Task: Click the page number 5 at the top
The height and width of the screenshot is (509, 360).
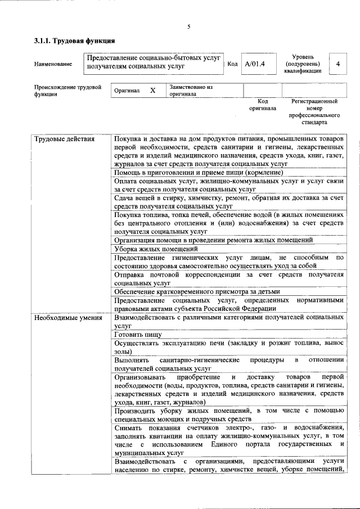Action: (x=189, y=26)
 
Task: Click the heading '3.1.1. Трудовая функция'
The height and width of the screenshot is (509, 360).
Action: (x=74, y=41)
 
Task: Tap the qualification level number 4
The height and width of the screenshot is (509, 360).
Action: (x=337, y=64)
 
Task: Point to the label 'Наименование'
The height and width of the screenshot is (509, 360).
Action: (x=53, y=65)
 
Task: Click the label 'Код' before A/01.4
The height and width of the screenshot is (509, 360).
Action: (x=232, y=64)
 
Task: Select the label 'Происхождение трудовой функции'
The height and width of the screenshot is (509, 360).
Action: (x=67, y=91)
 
